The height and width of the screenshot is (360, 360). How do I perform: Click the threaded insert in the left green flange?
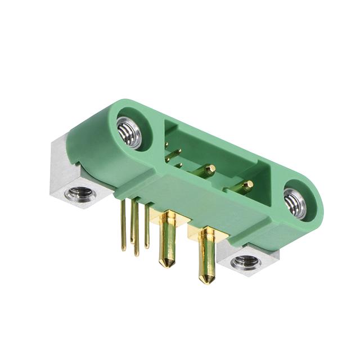(x=129, y=133)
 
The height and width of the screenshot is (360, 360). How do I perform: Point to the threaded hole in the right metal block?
(x=246, y=262)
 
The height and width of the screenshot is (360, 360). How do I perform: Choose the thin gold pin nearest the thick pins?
(x=147, y=228)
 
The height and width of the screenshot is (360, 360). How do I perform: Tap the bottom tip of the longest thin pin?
(x=136, y=254)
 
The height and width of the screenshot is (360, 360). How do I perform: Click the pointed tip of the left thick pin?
(x=166, y=264)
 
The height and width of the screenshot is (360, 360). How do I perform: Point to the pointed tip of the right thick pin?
(x=206, y=280)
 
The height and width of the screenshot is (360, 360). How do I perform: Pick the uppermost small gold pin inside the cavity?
(x=166, y=145)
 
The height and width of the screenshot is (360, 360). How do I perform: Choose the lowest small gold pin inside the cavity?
(x=179, y=165)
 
